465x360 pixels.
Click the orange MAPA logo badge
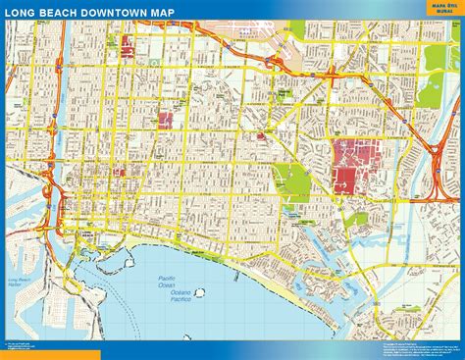(436, 9)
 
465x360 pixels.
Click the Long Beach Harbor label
(21, 283)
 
